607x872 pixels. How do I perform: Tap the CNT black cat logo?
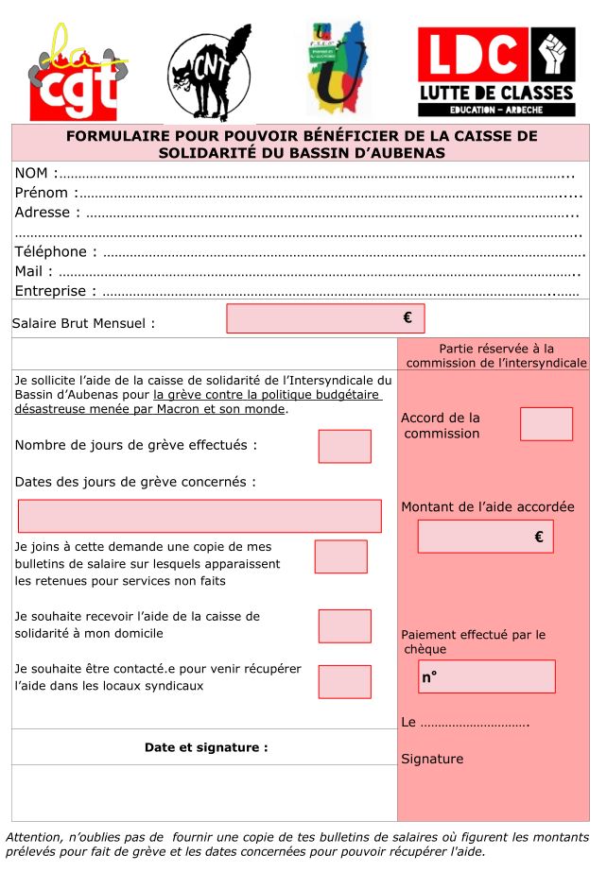(x=210, y=74)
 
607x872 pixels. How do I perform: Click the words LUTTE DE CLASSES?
(x=496, y=93)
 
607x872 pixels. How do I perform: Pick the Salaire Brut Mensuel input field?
(x=325, y=318)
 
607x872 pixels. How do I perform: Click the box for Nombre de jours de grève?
(x=344, y=446)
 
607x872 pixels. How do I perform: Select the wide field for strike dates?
(x=199, y=516)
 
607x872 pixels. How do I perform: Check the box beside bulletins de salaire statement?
(x=340, y=556)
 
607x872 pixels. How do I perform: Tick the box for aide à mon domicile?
(x=344, y=626)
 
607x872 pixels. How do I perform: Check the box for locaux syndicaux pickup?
(x=344, y=681)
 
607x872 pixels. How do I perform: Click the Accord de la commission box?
(x=546, y=424)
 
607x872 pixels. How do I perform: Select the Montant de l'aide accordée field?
(x=485, y=537)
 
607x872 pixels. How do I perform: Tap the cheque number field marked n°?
(x=486, y=676)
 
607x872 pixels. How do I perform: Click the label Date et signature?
(x=206, y=747)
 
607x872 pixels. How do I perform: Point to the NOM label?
(x=34, y=173)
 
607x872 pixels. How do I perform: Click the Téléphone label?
(x=56, y=251)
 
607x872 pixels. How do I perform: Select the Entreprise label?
(x=56, y=291)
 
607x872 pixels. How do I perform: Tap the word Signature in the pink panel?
(x=432, y=759)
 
